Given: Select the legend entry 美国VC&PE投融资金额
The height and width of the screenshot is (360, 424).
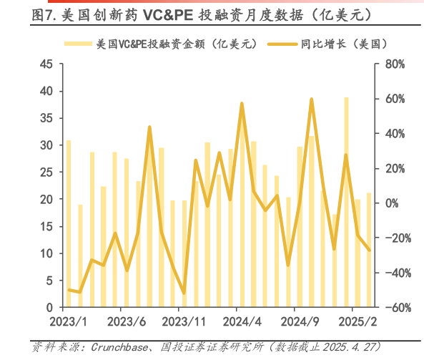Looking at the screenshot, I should coord(174,44).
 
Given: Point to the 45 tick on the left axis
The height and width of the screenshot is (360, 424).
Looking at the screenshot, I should coord(47,64).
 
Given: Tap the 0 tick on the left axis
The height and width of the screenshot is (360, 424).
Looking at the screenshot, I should coord(51,308).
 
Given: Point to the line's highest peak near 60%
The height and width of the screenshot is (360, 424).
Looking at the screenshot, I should coord(312,99).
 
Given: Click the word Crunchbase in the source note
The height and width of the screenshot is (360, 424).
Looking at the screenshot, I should coord(118,347).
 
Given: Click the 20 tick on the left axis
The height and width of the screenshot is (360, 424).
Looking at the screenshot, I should coord(47,200).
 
